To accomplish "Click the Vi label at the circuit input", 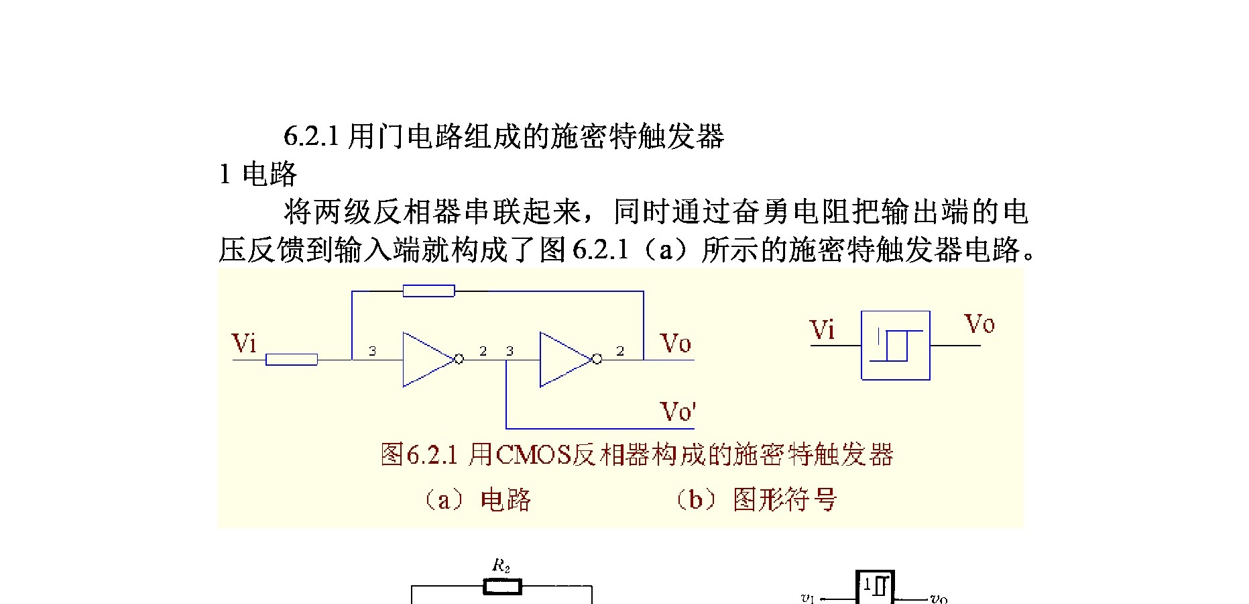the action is (x=244, y=343).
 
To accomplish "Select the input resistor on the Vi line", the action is (x=292, y=360).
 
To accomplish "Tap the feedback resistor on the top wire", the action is (x=428, y=291).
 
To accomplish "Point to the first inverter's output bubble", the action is (x=459, y=359).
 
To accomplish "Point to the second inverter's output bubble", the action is (x=597, y=359).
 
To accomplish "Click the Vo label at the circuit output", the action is (x=675, y=343).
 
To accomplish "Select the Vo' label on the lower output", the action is (x=678, y=411).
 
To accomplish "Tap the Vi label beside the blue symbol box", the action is (x=823, y=330).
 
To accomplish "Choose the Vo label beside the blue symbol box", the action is (x=979, y=324).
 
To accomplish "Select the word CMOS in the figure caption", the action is (x=534, y=455).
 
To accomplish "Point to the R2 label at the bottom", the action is (x=501, y=566).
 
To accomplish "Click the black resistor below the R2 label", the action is (x=502, y=587).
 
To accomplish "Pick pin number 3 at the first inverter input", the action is (x=372, y=351).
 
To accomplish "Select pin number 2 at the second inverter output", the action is (x=620, y=351).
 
